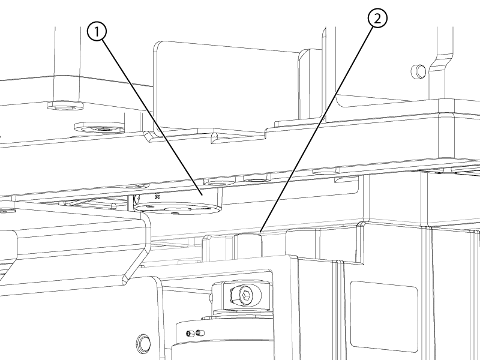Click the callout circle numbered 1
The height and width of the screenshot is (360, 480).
(97, 32)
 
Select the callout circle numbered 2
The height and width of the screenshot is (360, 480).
(377, 19)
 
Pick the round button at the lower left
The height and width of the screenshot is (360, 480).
(143, 343)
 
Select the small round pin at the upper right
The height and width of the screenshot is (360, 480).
(418, 71)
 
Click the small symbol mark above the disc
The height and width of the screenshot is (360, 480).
(158, 196)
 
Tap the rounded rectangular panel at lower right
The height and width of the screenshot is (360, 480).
(383, 316)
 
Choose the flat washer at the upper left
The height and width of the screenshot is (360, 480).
(65, 106)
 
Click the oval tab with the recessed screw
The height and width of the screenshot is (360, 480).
(100, 128)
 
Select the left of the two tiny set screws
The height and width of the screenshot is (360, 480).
(189, 334)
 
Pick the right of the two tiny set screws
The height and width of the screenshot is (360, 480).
(199, 332)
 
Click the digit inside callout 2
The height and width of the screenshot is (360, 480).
(377, 19)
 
